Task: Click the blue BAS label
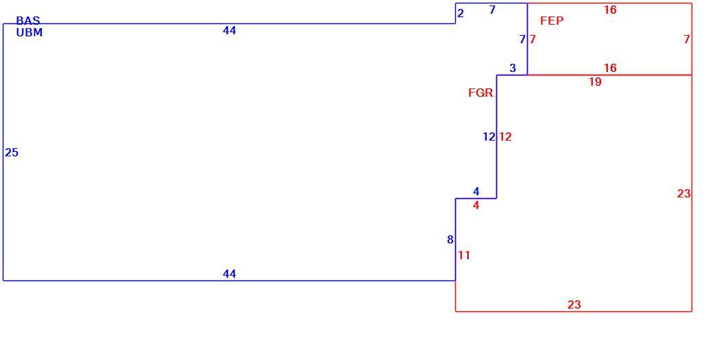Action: (x=28, y=21)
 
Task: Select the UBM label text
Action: (x=29, y=32)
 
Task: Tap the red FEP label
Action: (x=552, y=21)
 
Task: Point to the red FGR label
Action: (x=481, y=93)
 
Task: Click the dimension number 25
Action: (x=12, y=153)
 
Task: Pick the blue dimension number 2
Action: (x=460, y=14)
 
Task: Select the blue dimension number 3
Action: (x=513, y=68)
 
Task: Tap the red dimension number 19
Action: (x=595, y=82)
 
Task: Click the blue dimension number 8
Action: (x=450, y=240)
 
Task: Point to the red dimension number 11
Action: (x=464, y=256)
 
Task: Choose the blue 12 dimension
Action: (x=489, y=136)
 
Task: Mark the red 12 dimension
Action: (x=505, y=136)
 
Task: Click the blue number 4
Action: (x=476, y=191)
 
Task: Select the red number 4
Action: (x=476, y=206)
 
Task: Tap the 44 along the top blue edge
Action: (x=229, y=30)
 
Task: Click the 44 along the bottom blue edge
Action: (x=229, y=274)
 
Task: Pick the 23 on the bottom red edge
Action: (x=574, y=304)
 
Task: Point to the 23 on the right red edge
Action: (x=683, y=193)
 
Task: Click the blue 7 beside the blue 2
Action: (x=492, y=10)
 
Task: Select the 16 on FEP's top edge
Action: (x=610, y=10)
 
